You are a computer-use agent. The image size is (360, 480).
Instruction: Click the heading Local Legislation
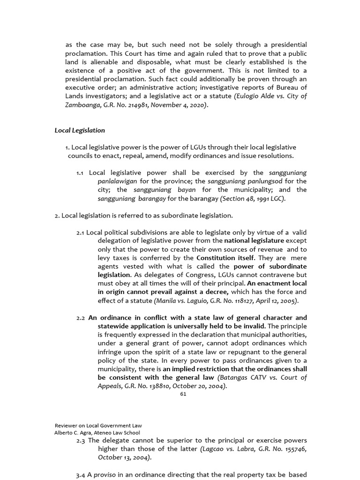pos(80,130)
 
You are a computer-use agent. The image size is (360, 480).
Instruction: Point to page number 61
pos(183,394)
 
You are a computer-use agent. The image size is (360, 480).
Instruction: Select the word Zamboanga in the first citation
pos(81,105)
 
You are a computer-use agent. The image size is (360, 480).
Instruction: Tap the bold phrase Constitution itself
pos(223,258)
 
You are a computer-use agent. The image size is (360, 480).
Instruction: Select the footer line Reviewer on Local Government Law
pos(98,425)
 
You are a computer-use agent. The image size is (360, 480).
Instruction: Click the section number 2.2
pos(81,318)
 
